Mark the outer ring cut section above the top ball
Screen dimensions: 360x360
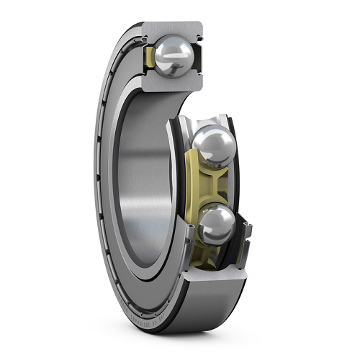coord(173,29)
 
